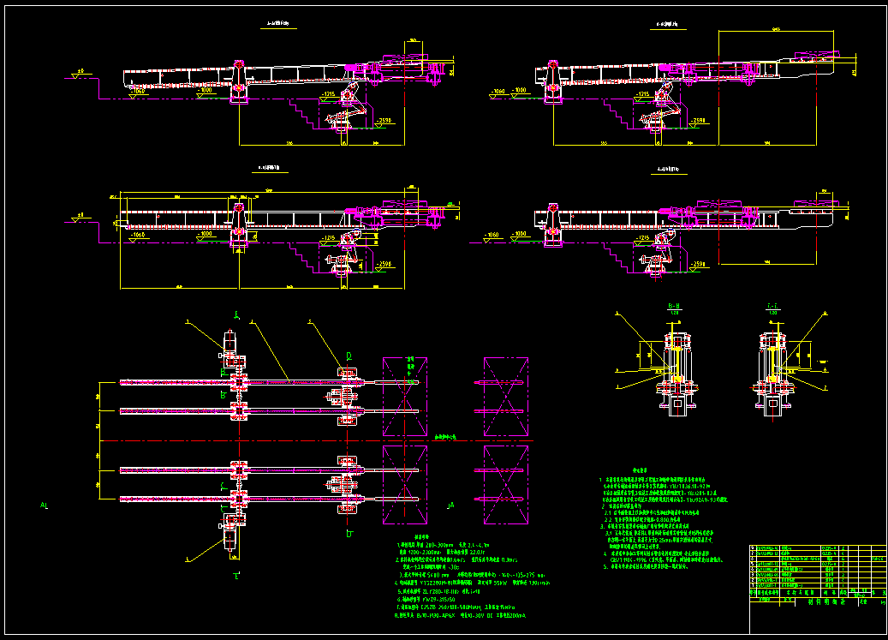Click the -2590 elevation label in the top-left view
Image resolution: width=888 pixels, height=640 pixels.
(x=385, y=121)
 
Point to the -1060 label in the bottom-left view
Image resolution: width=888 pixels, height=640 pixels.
(x=136, y=233)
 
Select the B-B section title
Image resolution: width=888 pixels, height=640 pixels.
(x=673, y=305)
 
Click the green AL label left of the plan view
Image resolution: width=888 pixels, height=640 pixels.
(x=44, y=506)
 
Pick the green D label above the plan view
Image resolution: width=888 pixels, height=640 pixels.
(x=348, y=354)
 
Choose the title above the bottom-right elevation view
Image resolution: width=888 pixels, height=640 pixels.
(x=669, y=169)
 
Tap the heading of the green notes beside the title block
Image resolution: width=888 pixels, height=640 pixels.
(x=640, y=470)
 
